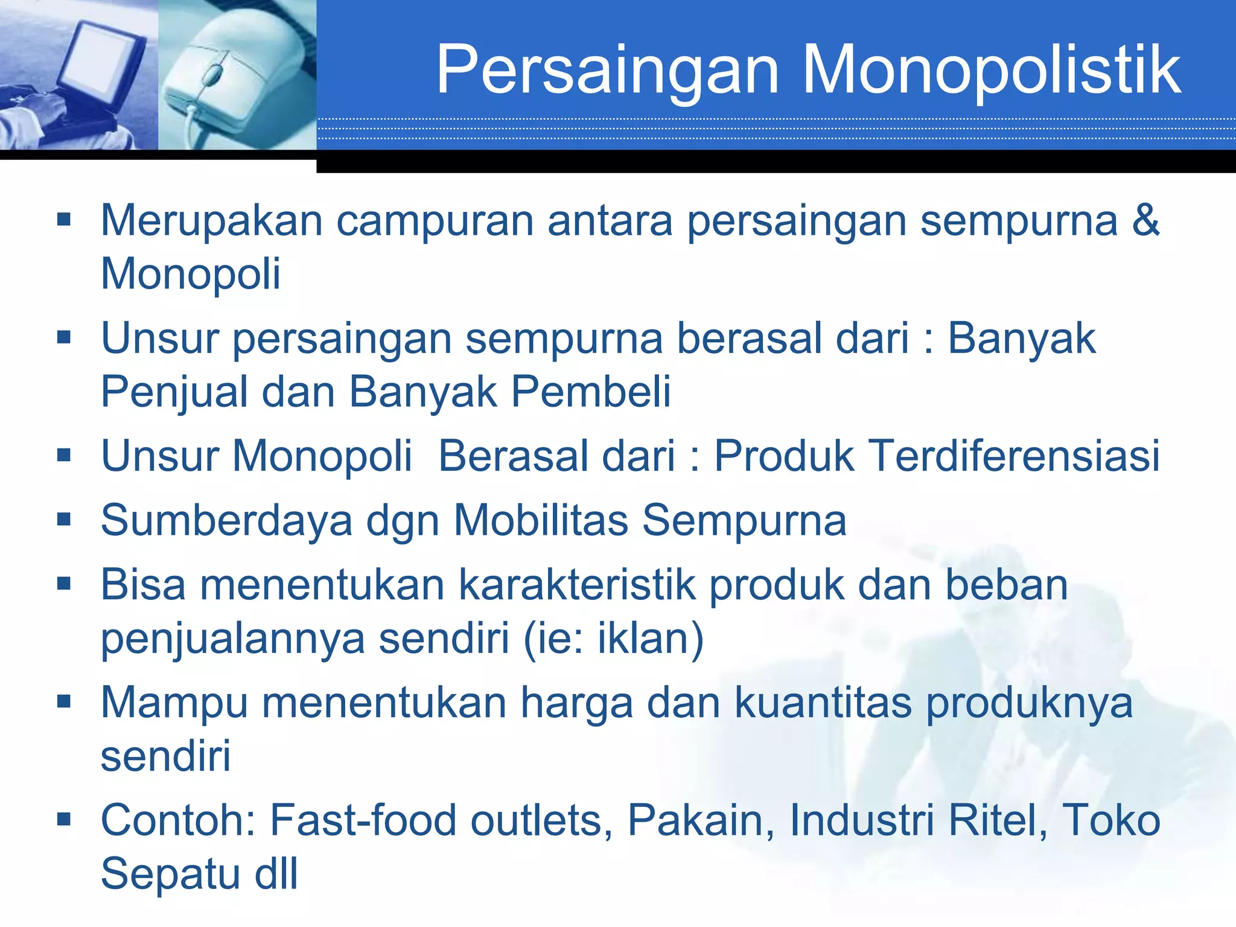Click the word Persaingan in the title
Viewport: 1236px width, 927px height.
tap(607, 71)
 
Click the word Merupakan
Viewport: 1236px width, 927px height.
tap(212, 221)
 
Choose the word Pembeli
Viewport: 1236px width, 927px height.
tap(591, 392)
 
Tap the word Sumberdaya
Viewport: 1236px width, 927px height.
tap(226, 521)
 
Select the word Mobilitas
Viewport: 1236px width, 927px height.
tap(541, 520)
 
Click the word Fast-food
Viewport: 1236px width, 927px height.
tap(363, 820)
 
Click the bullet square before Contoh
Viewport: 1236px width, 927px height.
tap(63, 820)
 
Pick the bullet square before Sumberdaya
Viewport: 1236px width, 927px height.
tap(63, 520)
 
